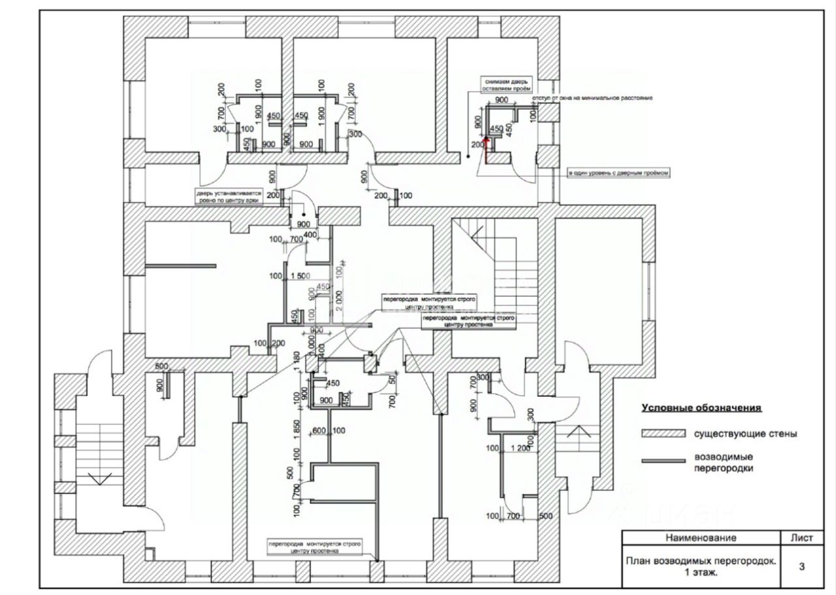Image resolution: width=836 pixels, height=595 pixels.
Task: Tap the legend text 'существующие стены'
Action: pyautogui.click(x=745, y=433)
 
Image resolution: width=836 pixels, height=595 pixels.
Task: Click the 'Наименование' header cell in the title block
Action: pyautogui.click(x=701, y=538)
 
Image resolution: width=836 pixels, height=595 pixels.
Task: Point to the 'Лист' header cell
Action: pyautogui.click(x=801, y=538)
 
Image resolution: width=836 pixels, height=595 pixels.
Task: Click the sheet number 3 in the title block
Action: pyautogui.click(x=801, y=567)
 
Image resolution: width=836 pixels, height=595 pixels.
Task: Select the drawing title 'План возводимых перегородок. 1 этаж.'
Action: pyautogui.click(x=701, y=566)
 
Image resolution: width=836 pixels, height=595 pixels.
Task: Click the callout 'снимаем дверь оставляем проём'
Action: pyautogui.click(x=507, y=84)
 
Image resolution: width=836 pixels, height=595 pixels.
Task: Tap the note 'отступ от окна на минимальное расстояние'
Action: pyautogui.click(x=592, y=98)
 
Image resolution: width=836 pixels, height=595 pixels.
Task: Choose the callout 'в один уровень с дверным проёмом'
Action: pyautogui.click(x=619, y=173)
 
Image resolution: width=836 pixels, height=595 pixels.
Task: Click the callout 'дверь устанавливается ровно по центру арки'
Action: pyautogui.click(x=229, y=197)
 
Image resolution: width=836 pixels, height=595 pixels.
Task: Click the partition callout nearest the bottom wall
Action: pyautogui.click(x=313, y=547)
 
